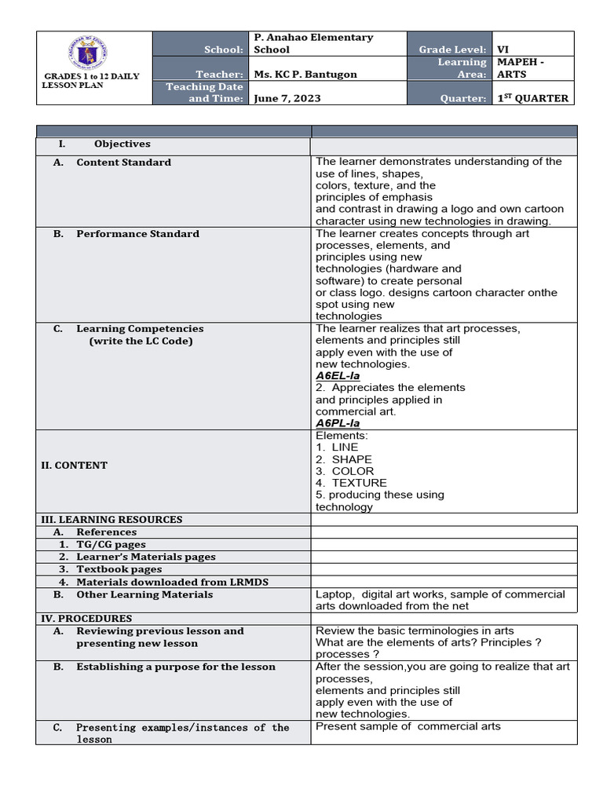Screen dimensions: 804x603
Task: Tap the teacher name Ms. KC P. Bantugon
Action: [305, 75]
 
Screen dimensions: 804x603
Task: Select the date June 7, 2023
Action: [287, 98]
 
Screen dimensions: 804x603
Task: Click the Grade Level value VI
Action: [503, 49]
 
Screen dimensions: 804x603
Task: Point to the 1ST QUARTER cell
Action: [532, 98]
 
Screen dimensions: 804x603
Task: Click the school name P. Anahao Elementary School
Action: [313, 43]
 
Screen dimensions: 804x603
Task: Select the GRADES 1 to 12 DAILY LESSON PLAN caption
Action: [91, 81]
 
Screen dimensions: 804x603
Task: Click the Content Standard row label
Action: [123, 163]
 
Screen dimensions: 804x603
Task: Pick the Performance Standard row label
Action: [137, 234]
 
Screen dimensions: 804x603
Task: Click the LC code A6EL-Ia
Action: [338, 376]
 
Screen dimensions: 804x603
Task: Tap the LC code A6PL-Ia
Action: [338, 423]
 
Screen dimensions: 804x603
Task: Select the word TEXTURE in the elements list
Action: [359, 483]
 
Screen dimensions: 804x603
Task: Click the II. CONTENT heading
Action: [74, 466]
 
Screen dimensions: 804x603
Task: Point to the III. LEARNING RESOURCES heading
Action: [111, 520]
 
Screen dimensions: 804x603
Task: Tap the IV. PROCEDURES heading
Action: [86, 619]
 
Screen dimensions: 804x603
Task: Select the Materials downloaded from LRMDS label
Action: [144, 583]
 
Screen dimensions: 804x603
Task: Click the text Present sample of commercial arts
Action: [407, 726]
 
